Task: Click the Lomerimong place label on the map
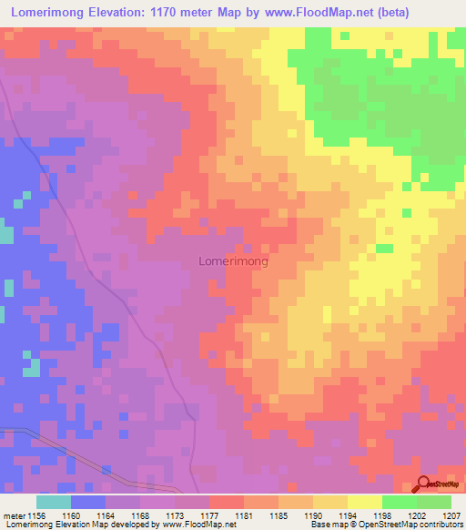point(233,261)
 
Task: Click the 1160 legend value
point(70,515)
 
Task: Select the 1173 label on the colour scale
point(175,515)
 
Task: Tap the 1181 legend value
point(244,515)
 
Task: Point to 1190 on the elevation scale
point(313,515)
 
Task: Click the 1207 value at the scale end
point(451,515)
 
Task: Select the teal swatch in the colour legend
point(53,502)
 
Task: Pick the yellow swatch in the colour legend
point(364,502)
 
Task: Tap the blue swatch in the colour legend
point(87,502)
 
